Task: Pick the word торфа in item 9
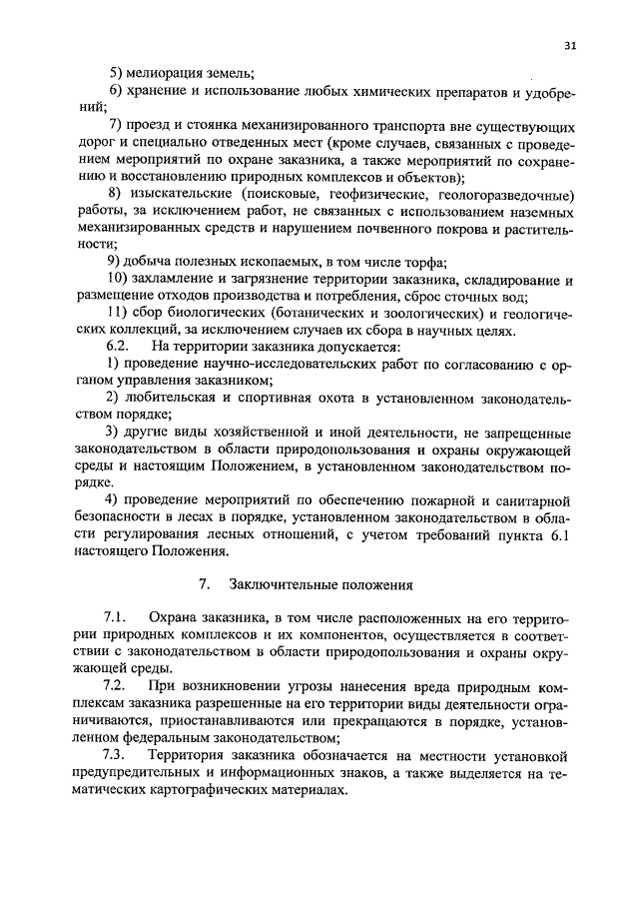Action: click(x=424, y=263)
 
